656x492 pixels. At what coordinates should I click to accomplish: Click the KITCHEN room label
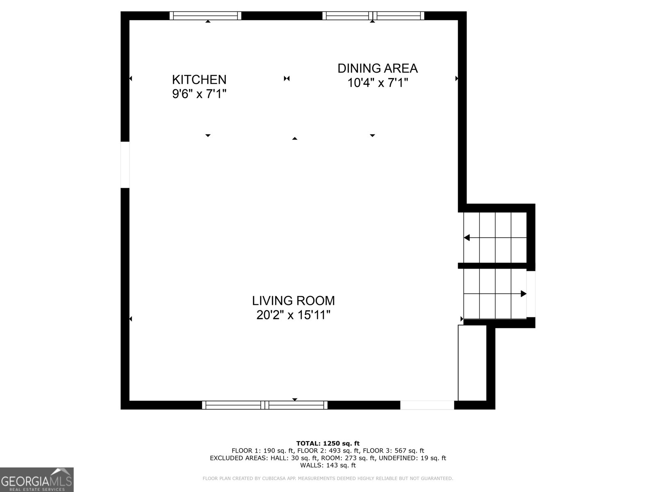[199, 80]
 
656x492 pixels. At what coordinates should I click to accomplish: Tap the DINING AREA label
[377, 68]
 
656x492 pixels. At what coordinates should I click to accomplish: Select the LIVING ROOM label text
[293, 301]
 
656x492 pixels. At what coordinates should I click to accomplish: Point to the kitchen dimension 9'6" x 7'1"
[199, 94]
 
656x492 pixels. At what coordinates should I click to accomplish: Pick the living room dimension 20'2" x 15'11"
[293, 315]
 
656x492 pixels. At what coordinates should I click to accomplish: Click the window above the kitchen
[205, 16]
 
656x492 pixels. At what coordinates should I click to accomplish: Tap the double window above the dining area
[373, 16]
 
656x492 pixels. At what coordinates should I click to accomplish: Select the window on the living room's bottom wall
[265, 405]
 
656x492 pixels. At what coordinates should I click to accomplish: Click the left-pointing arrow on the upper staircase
[467, 238]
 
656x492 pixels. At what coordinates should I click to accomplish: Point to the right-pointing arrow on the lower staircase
[523, 294]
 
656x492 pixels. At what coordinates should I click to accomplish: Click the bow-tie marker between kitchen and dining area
[287, 78]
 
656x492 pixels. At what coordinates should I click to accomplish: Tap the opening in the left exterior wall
[125, 165]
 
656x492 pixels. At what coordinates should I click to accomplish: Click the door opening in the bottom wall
[427, 405]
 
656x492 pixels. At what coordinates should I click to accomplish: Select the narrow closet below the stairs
[472, 362]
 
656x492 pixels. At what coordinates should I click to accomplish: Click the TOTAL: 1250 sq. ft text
[328, 443]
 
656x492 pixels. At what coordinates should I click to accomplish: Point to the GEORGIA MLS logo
[36, 480]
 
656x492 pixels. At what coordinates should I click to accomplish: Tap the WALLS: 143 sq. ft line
[328, 465]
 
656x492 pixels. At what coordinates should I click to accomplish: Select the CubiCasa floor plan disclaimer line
[328, 478]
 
